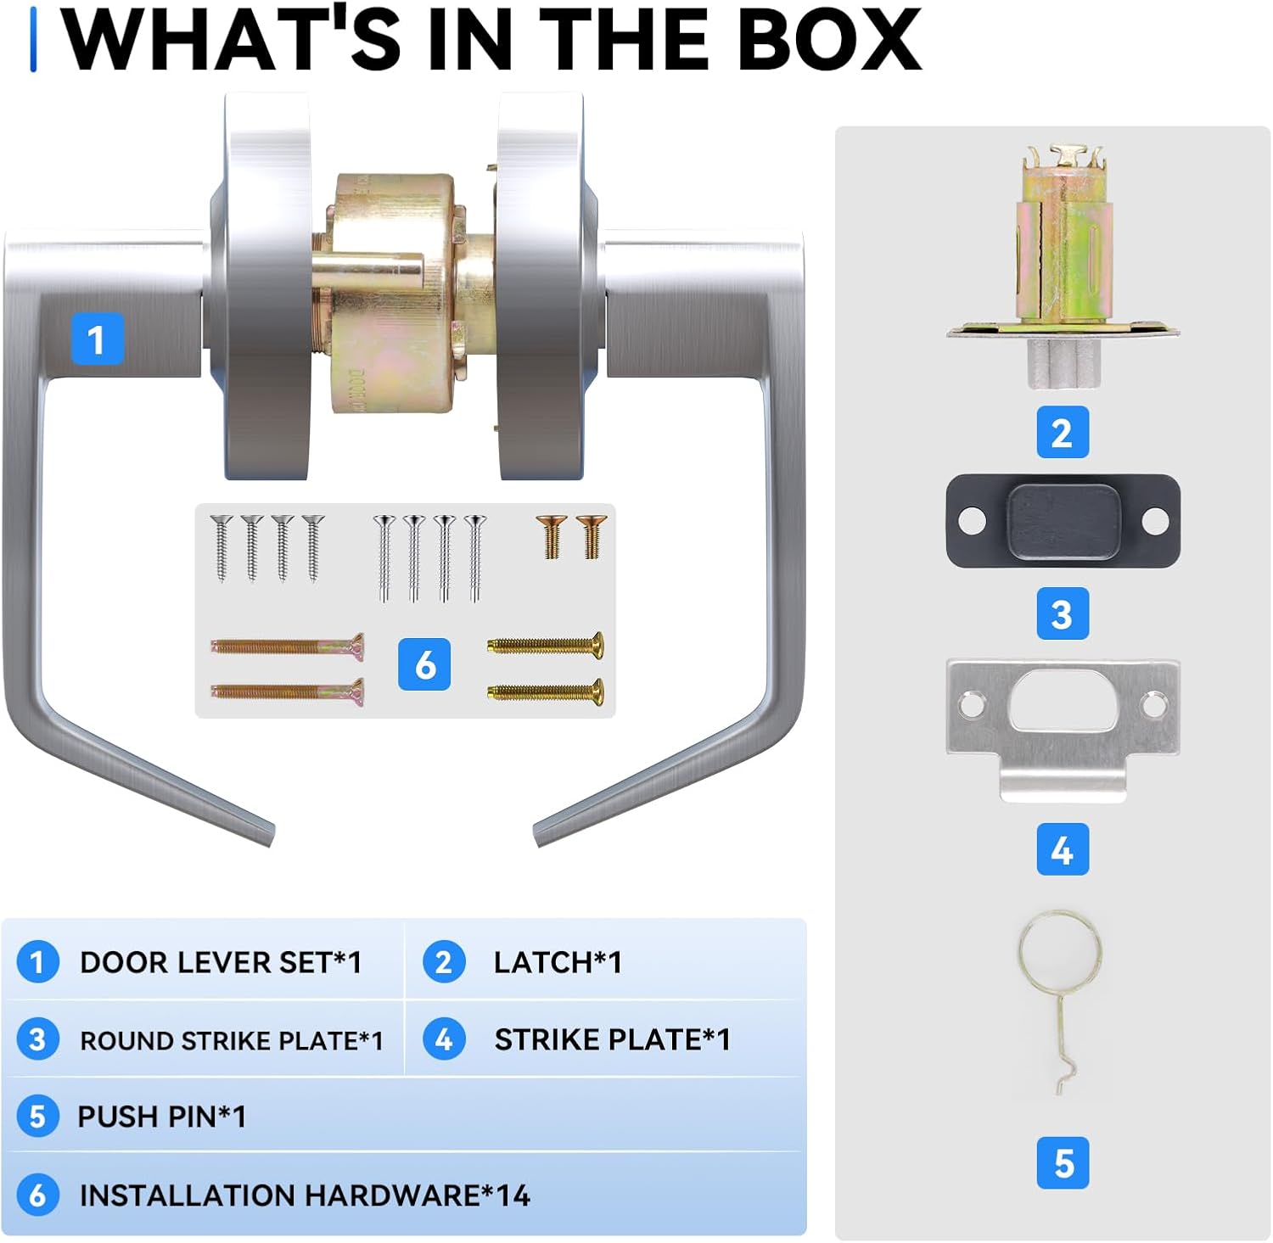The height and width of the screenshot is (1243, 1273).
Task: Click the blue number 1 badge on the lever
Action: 97,339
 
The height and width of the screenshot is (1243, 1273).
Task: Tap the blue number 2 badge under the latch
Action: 1063,433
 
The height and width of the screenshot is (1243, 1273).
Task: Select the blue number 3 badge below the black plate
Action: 1063,613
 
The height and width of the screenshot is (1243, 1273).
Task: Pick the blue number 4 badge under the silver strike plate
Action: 1063,849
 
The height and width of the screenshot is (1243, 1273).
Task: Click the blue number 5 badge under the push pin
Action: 1063,1163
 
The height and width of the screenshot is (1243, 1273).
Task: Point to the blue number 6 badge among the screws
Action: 424,664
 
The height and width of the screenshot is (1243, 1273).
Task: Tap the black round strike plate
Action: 1063,520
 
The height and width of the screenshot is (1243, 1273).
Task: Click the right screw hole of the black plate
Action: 1155,520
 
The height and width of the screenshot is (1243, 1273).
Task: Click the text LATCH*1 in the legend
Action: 558,963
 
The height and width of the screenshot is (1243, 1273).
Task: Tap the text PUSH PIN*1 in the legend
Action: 162,1117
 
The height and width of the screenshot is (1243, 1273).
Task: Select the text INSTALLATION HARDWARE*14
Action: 305,1195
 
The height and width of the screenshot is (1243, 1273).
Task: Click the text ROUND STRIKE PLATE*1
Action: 232,1040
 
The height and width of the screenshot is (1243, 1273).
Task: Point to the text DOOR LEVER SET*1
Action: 221,963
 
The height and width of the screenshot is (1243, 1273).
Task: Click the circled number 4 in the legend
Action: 444,1039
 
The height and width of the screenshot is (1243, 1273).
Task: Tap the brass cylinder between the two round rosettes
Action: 395,293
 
